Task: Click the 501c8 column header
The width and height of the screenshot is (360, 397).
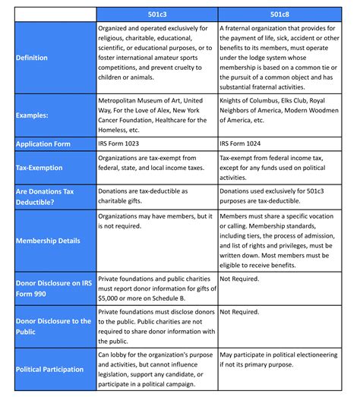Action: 279,14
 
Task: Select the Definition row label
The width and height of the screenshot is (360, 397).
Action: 32,58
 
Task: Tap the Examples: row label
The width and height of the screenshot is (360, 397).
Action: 33,115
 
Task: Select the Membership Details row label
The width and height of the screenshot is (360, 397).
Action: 49,241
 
